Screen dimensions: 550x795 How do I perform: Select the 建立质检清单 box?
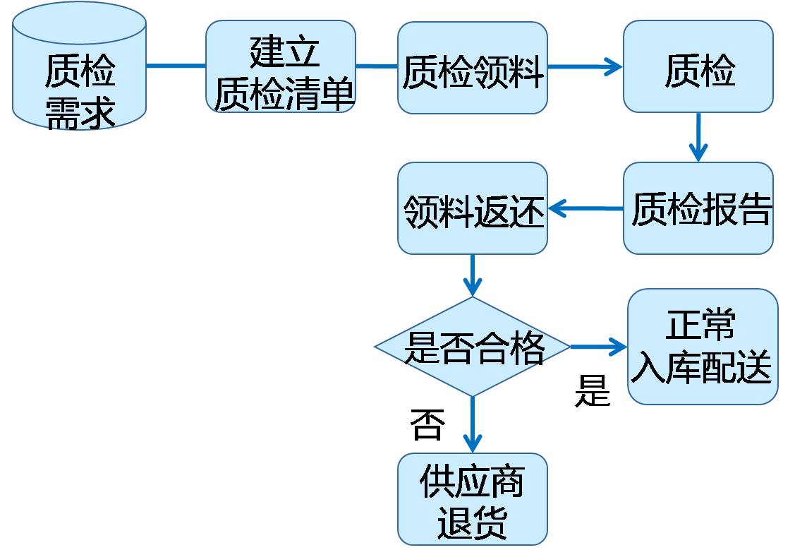[x=281, y=66]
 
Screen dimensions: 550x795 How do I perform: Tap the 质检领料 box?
[x=472, y=68]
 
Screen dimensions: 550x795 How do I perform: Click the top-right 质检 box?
[x=698, y=66]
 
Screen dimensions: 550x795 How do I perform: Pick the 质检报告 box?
[x=698, y=208]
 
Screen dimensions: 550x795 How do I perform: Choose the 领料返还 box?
[x=472, y=208]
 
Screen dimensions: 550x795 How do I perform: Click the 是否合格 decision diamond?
[x=472, y=347]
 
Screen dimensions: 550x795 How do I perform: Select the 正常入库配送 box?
[x=702, y=347]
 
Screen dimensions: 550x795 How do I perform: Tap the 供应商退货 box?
[x=472, y=498]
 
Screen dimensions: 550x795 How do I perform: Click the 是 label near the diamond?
[x=592, y=390]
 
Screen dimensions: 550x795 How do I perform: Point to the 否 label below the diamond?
[x=427, y=425]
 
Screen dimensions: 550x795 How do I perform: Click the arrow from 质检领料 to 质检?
[x=585, y=68]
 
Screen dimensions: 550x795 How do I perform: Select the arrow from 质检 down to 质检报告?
[x=698, y=137]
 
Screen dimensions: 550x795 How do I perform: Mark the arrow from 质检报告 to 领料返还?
[x=585, y=208]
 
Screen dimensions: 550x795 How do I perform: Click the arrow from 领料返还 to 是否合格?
[x=472, y=275]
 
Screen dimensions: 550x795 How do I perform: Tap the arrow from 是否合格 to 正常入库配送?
[x=599, y=347]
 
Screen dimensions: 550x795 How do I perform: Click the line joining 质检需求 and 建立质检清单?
[x=176, y=66]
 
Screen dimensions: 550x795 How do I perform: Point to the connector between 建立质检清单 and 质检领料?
[x=377, y=66]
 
